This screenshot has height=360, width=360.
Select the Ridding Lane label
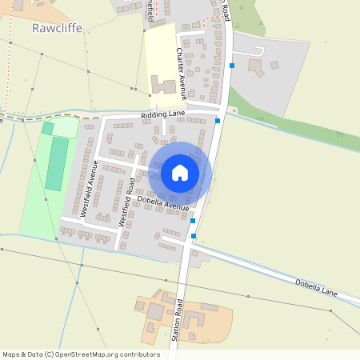coord(162,114)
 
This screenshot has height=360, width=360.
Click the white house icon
coord(180,172)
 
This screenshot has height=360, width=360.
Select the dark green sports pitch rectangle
coord(57,164)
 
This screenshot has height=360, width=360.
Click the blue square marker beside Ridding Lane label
coord(218,120)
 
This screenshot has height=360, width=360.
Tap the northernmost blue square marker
coord(232,65)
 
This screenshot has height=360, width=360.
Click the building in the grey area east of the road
coord(258,68)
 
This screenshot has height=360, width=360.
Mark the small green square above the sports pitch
coord(48,128)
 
